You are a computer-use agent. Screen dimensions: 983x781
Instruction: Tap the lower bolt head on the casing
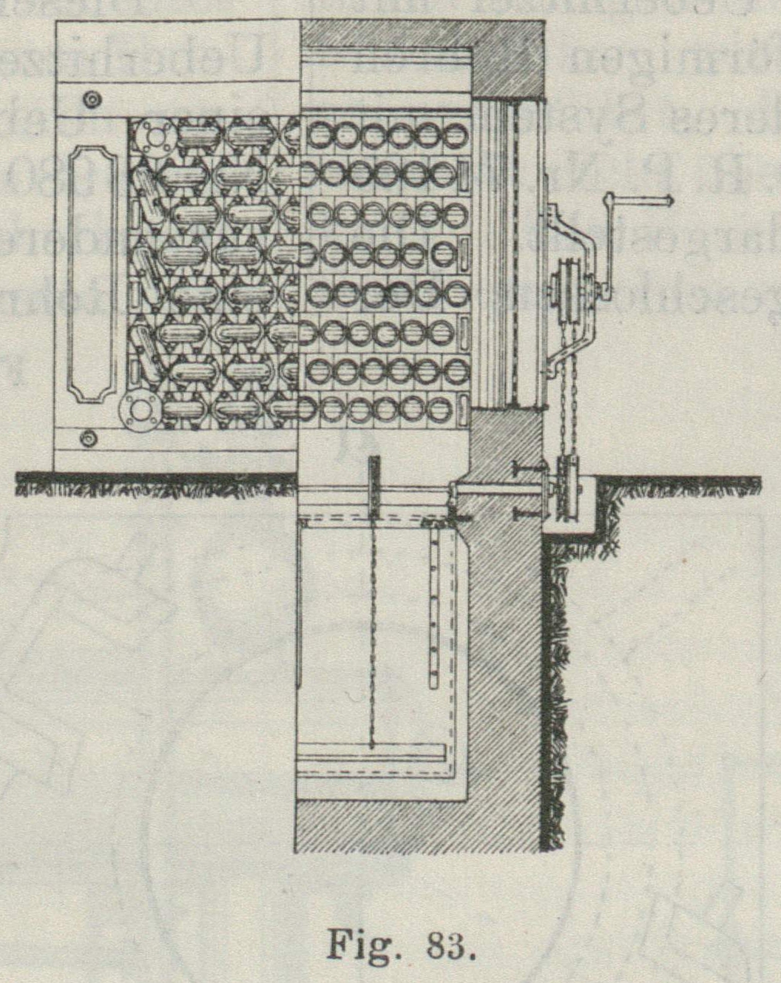(89, 439)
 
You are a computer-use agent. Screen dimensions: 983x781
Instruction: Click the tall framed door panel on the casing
(92, 274)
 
